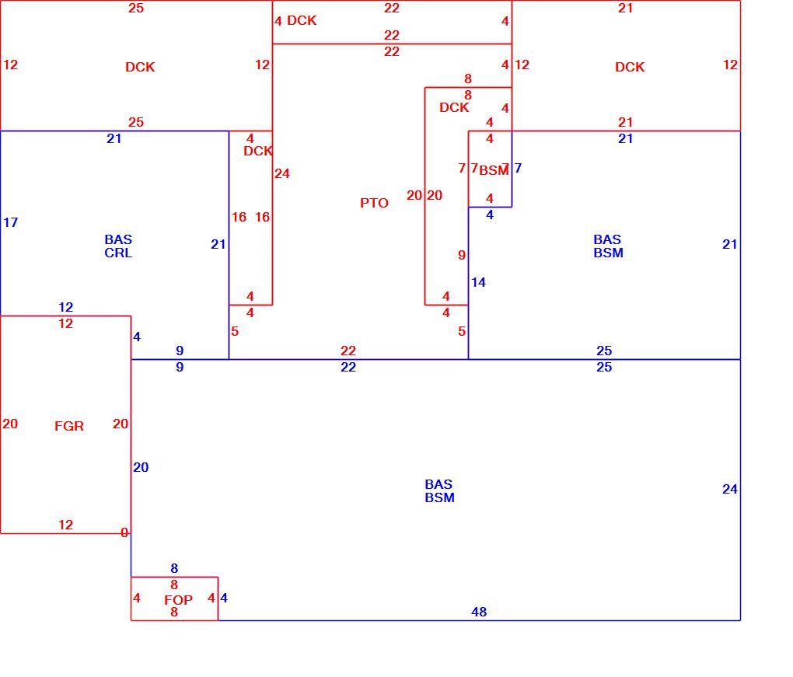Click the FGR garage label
(69, 426)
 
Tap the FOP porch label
(179, 600)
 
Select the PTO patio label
(374, 203)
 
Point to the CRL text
(118, 253)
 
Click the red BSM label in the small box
(494, 170)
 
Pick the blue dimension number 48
(479, 612)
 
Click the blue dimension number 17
(10, 222)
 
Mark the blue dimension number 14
(478, 282)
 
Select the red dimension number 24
(282, 174)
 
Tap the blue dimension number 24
(730, 489)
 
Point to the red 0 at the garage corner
(124, 532)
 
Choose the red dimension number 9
(462, 255)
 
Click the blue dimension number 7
(518, 168)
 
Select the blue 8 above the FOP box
(174, 568)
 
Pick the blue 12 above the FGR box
(66, 307)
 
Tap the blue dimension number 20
(141, 467)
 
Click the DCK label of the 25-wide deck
(140, 68)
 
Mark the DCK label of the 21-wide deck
(631, 68)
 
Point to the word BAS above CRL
(118, 239)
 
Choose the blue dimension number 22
(348, 367)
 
